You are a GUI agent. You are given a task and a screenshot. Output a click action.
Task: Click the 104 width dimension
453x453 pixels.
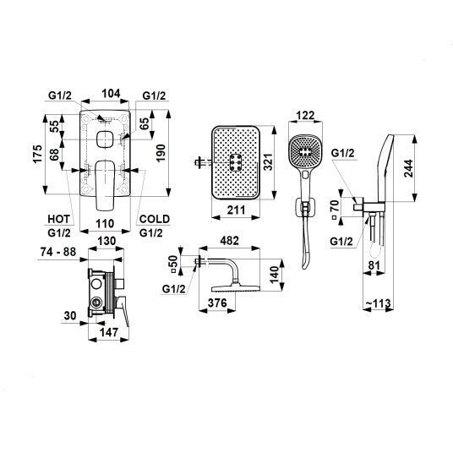[x=111, y=94]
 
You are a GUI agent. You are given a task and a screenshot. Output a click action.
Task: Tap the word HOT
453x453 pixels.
[x=59, y=219]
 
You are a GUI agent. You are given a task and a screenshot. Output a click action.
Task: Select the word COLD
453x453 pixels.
[x=155, y=219]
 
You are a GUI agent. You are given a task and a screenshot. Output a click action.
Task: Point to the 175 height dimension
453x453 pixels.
[x=37, y=155]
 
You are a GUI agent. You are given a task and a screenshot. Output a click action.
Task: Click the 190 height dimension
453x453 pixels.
[x=161, y=153]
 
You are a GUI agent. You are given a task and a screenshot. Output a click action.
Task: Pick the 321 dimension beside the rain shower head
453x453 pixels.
[x=268, y=162]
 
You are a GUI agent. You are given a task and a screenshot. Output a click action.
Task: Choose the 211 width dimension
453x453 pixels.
[x=236, y=210]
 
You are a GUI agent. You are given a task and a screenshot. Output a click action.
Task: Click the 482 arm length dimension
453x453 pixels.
[x=230, y=240]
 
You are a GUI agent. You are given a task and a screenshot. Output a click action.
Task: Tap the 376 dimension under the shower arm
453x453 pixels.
[x=217, y=303]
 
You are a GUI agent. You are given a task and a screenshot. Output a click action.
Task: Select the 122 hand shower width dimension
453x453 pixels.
[x=305, y=116]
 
